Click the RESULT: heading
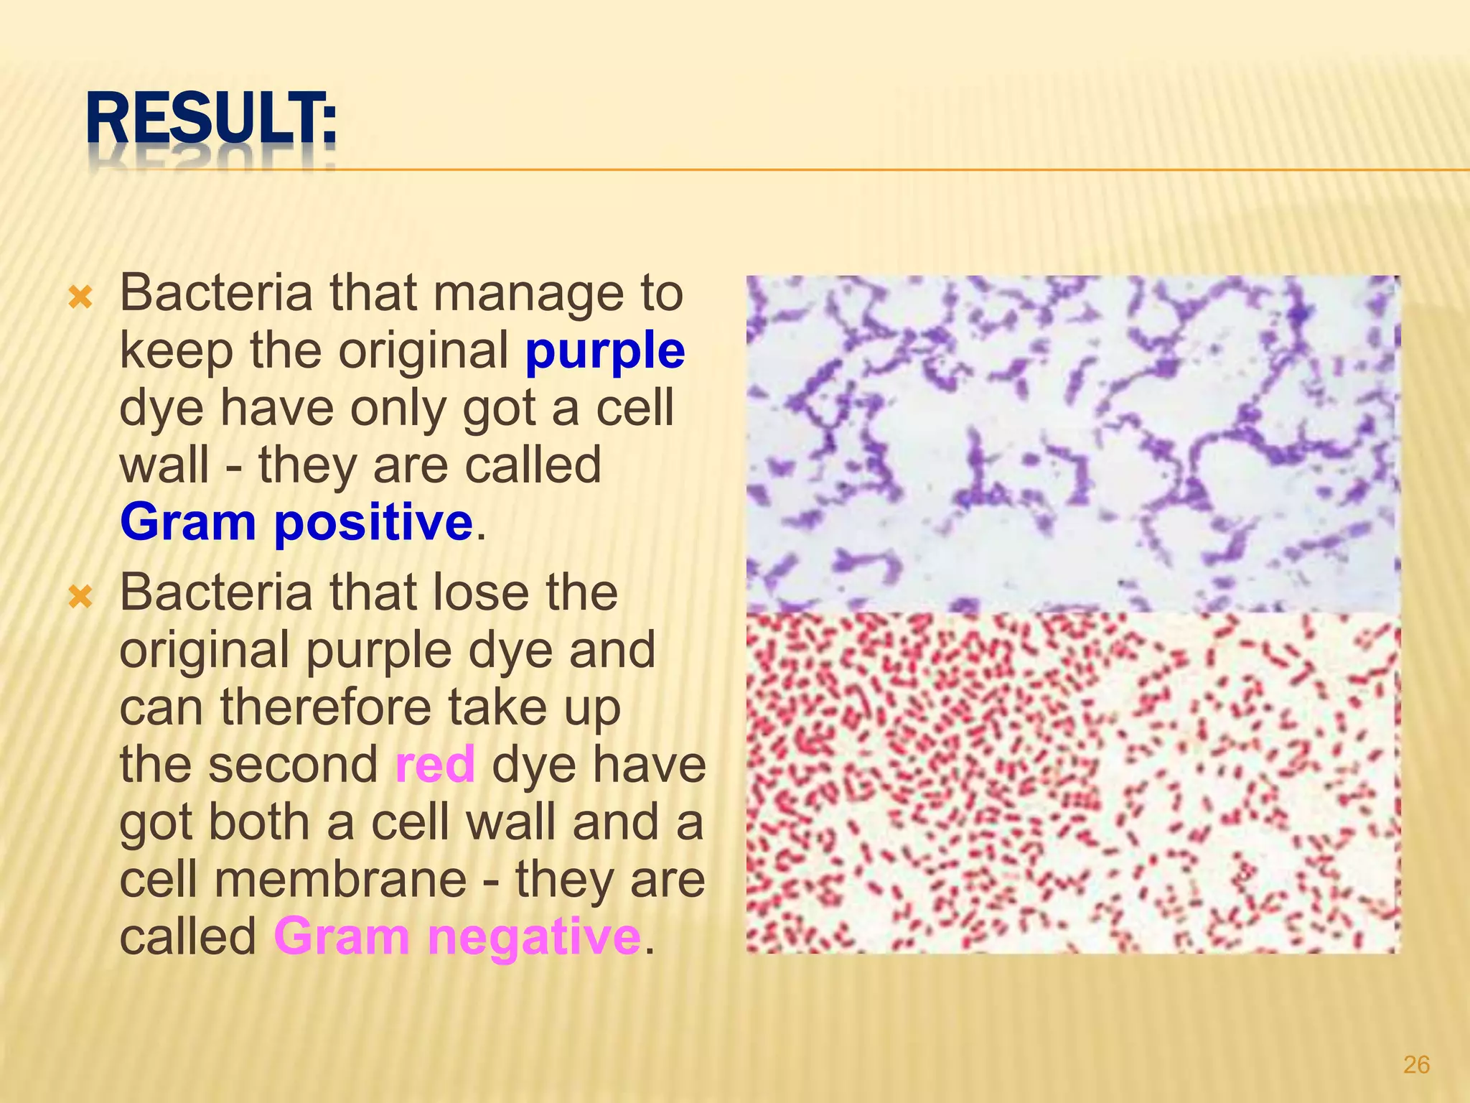pyautogui.click(x=211, y=120)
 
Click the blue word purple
pyautogui.click(x=604, y=351)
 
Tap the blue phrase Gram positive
pyautogui.click(x=296, y=522)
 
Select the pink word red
pyautogui.click(x=435, y=764)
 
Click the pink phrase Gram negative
pyautogui.click(x=457, y=936)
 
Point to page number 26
pyautogui.click(x=1416, y=1064)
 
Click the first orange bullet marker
pyautogui.click(x=80, y=297)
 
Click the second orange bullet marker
pyautogui.click(x=80, y=596)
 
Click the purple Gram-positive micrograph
pyautogui.click(x=1072, y=444)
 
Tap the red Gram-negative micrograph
pyautogui.click(x=1072, y=783)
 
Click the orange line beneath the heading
pyautogui.click(x=861, y=170)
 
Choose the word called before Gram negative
pyautogui.click(x=188, y=938)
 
